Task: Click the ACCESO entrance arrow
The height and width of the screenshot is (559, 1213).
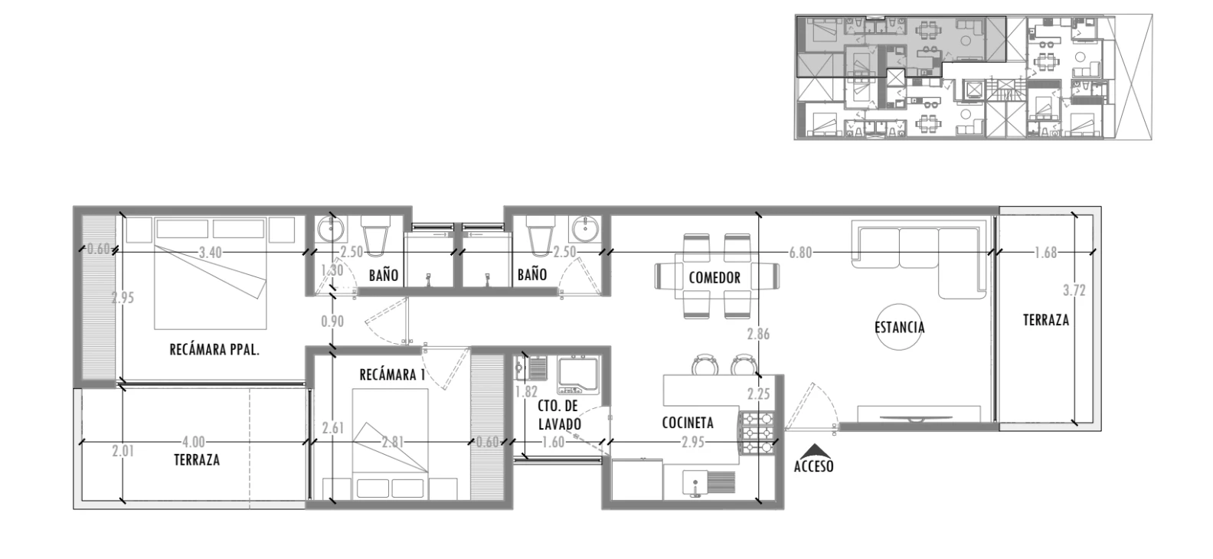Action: [813, 450]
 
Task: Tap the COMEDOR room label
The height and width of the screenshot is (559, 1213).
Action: [714, 278]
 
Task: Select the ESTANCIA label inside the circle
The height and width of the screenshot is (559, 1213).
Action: [900, 327]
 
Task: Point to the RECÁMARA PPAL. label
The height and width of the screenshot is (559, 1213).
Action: [214, 349]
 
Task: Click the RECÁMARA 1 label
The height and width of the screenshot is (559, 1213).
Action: [393, 374]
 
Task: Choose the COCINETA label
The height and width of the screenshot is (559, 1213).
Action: [688, 423]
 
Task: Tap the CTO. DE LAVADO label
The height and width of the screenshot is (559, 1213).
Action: [559, 415]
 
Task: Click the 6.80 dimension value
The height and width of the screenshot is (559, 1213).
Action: [800, 253]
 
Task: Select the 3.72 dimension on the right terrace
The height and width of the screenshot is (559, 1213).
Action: [1074, 291]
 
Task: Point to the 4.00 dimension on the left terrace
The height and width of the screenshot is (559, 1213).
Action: [193, 442]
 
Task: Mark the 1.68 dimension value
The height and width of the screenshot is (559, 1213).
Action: [1045, 253]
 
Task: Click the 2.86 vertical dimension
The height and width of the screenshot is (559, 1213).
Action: [758, 334]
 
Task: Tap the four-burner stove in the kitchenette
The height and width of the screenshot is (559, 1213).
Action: [757, 433]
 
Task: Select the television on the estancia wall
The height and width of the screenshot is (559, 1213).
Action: [918, 418]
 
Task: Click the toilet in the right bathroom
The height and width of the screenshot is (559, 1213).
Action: [541, 236]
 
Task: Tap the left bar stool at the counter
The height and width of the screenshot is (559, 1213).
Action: [705, 364]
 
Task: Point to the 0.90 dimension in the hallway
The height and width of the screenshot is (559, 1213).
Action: [332, 322]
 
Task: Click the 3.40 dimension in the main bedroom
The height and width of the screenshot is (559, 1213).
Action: [210, 253]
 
